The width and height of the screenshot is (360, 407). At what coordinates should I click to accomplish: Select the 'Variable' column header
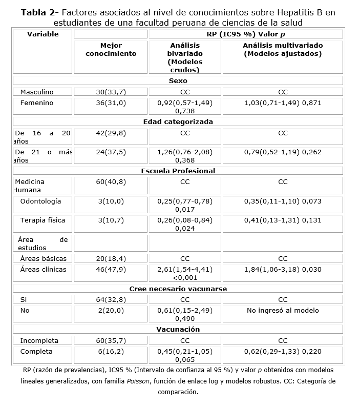click(43, 34)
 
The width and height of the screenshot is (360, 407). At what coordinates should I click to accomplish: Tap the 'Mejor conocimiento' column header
click(111, 49)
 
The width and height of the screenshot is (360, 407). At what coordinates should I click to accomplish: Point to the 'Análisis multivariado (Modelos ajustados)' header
click(283, 49)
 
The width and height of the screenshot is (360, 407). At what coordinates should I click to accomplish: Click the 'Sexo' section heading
click(178, 80)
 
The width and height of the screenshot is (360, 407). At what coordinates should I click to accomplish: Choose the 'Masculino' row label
click(37, 92)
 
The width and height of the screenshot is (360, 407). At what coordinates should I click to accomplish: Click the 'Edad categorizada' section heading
click(178, 121)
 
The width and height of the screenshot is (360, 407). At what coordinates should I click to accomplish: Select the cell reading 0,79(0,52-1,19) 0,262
click(283, 152)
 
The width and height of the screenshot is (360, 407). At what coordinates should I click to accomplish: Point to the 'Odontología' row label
click(40, 201)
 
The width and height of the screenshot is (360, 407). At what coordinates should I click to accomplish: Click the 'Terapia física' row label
click(43, 220)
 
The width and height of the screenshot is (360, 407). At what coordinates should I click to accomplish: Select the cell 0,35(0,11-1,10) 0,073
click(283, 201)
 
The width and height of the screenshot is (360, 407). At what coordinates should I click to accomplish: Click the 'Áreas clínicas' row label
click(43, 269)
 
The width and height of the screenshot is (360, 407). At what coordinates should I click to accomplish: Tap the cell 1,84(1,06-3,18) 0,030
click(283, 269)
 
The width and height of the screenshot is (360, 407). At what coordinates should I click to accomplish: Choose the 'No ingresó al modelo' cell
click(283, 310)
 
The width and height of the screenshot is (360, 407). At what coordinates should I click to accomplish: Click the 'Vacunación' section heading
click(178, 329)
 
